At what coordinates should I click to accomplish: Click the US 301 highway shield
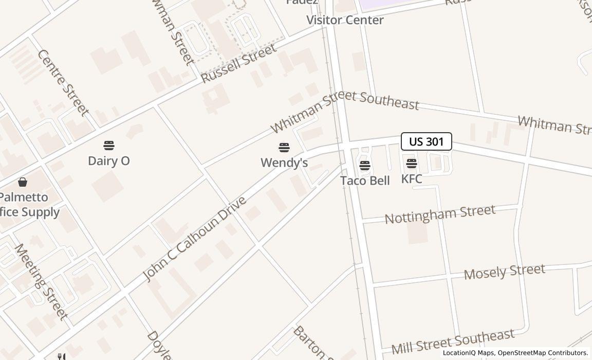click(x=426, y=141)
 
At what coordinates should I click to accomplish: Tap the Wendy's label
click(x=284, y=163)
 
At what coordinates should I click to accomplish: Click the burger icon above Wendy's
click(x=284, y=148)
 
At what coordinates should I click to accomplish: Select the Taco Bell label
click(x=365, y=181)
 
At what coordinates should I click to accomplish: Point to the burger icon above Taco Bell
click(x=365, y=166)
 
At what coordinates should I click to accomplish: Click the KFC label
click(x=412, y=179)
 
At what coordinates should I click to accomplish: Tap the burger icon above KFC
click(x=412, y=164)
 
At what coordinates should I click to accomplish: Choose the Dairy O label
click(x=109, y=161)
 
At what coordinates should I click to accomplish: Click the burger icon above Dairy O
click(x=109, y=146)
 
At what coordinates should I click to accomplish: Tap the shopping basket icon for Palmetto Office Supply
click(x=23, y=182)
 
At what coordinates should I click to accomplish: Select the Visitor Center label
click(x=345, y=20)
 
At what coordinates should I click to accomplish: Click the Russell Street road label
click(x=239, y=64)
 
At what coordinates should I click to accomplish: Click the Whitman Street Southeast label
click(x=345, y=107)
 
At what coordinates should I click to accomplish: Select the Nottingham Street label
click(x=440, y=213)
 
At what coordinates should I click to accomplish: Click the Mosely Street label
click(x=504, y=272)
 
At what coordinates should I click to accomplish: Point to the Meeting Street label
click(x=41, y=281)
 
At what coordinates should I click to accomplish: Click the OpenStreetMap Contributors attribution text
click(x=543, y=353)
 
